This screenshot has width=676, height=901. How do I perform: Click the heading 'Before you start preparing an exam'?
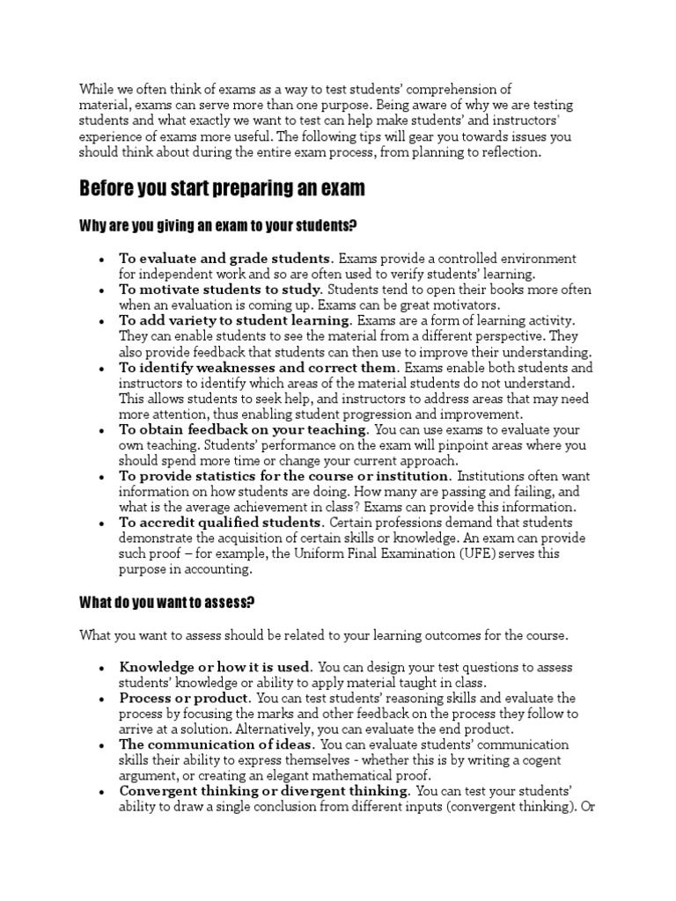point(222,188)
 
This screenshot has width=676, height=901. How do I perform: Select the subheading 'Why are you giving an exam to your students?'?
point(217,226)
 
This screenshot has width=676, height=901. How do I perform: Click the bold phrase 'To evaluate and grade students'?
point(225,259)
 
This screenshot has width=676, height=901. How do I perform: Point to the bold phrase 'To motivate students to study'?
point(221,289)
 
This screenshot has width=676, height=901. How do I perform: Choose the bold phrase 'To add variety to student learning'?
point(235,319)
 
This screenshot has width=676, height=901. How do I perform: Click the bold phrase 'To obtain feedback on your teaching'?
point(244,429)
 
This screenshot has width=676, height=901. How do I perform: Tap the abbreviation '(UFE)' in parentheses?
point(474,553)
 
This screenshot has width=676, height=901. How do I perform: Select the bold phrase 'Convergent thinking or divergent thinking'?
point(263,791)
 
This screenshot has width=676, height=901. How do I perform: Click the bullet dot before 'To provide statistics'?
point(104,477)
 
